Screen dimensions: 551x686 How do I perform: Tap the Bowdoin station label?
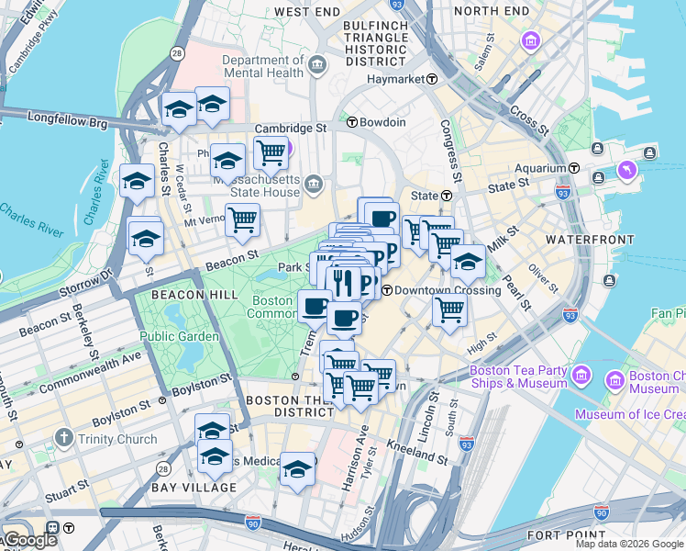pos(382,122)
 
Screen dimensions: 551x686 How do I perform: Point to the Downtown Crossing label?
pos(448,290)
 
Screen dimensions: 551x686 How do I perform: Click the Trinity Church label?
pos(117,439)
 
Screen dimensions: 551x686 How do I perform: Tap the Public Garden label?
pos(180,336)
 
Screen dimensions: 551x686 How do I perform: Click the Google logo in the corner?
pos(29,540)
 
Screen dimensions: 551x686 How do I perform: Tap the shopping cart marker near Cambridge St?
pos(270,152)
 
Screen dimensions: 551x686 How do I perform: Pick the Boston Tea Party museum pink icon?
pos(580,375)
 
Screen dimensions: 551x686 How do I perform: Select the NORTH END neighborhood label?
pos(490,11)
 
